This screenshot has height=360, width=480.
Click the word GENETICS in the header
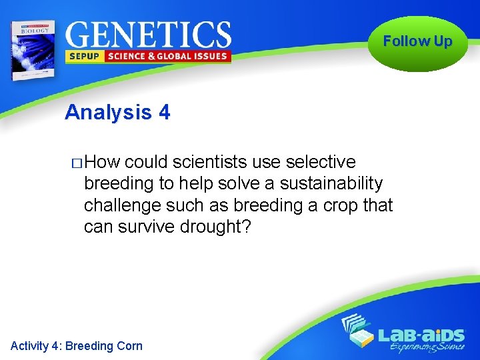(148, 34)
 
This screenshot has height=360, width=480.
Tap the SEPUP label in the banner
(83, 57)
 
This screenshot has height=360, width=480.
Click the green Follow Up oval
(418, 42)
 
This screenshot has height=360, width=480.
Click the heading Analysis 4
(117, 113)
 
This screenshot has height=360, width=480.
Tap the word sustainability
(331, 183)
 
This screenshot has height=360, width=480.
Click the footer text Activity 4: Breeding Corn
(77, 345)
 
